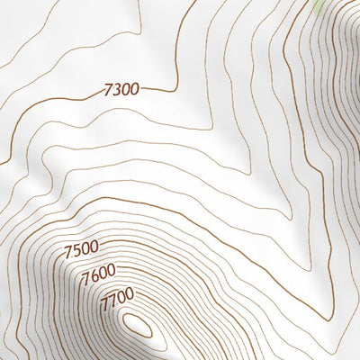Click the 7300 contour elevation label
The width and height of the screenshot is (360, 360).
tap(122, 90)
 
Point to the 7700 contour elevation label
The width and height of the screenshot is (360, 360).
tap(118, 295)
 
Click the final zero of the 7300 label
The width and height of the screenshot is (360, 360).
tap(135, 90)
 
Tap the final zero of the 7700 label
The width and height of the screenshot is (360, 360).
tap(130, 292)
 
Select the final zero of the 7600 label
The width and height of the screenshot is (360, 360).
tap(112, 269)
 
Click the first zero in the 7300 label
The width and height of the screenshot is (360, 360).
tap(127, 90)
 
